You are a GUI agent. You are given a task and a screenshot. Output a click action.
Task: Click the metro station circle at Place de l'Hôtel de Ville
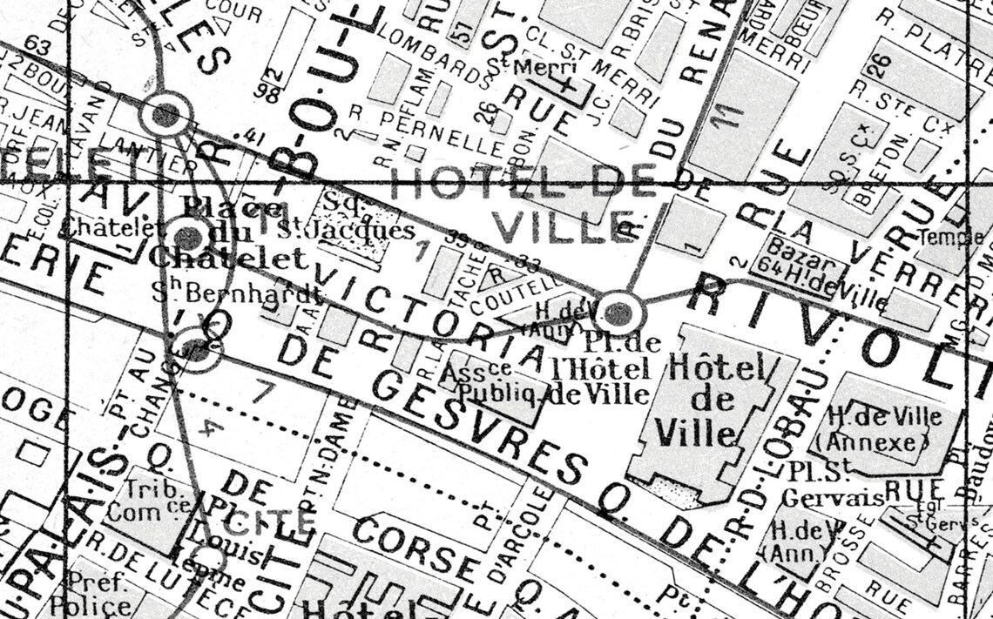[x=618, y=312]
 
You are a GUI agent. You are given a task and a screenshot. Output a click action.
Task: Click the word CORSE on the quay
[x=415, y=548]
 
